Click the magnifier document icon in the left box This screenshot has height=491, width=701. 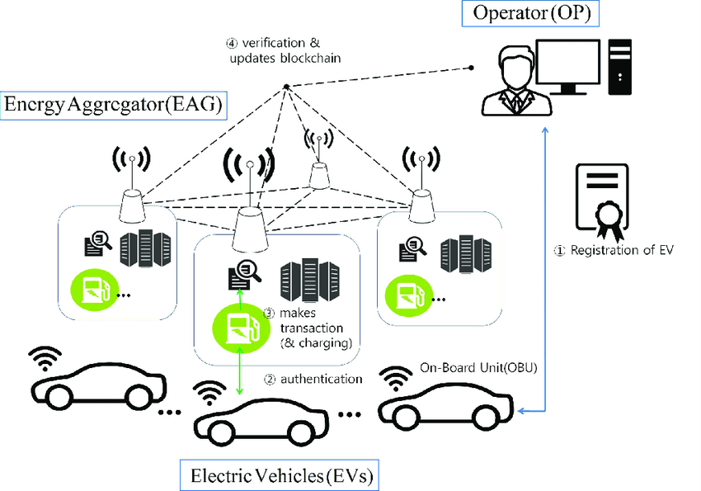pyautogui.click(x=98, y=243)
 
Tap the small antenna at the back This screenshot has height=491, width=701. pyautogui.click(x=319, y=170)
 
